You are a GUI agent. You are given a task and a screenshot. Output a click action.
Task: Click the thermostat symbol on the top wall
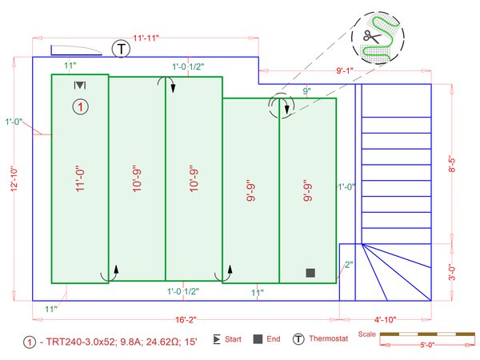[121, 48]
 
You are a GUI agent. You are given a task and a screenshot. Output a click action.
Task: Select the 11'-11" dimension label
[149, 38]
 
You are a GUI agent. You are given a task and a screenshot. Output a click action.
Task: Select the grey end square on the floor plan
[310, 273]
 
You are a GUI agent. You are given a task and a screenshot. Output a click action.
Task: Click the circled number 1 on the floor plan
[80, 106]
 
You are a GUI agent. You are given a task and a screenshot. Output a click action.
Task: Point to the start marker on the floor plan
[80, 86]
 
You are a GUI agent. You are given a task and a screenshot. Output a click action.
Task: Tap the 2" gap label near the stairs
[348, 265]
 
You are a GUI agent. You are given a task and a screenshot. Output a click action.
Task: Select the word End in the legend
[274, 340]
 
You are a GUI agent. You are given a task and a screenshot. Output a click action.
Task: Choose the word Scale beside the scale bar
[367, 334]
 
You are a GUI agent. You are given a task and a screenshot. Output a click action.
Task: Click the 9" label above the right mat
[306, 92]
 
